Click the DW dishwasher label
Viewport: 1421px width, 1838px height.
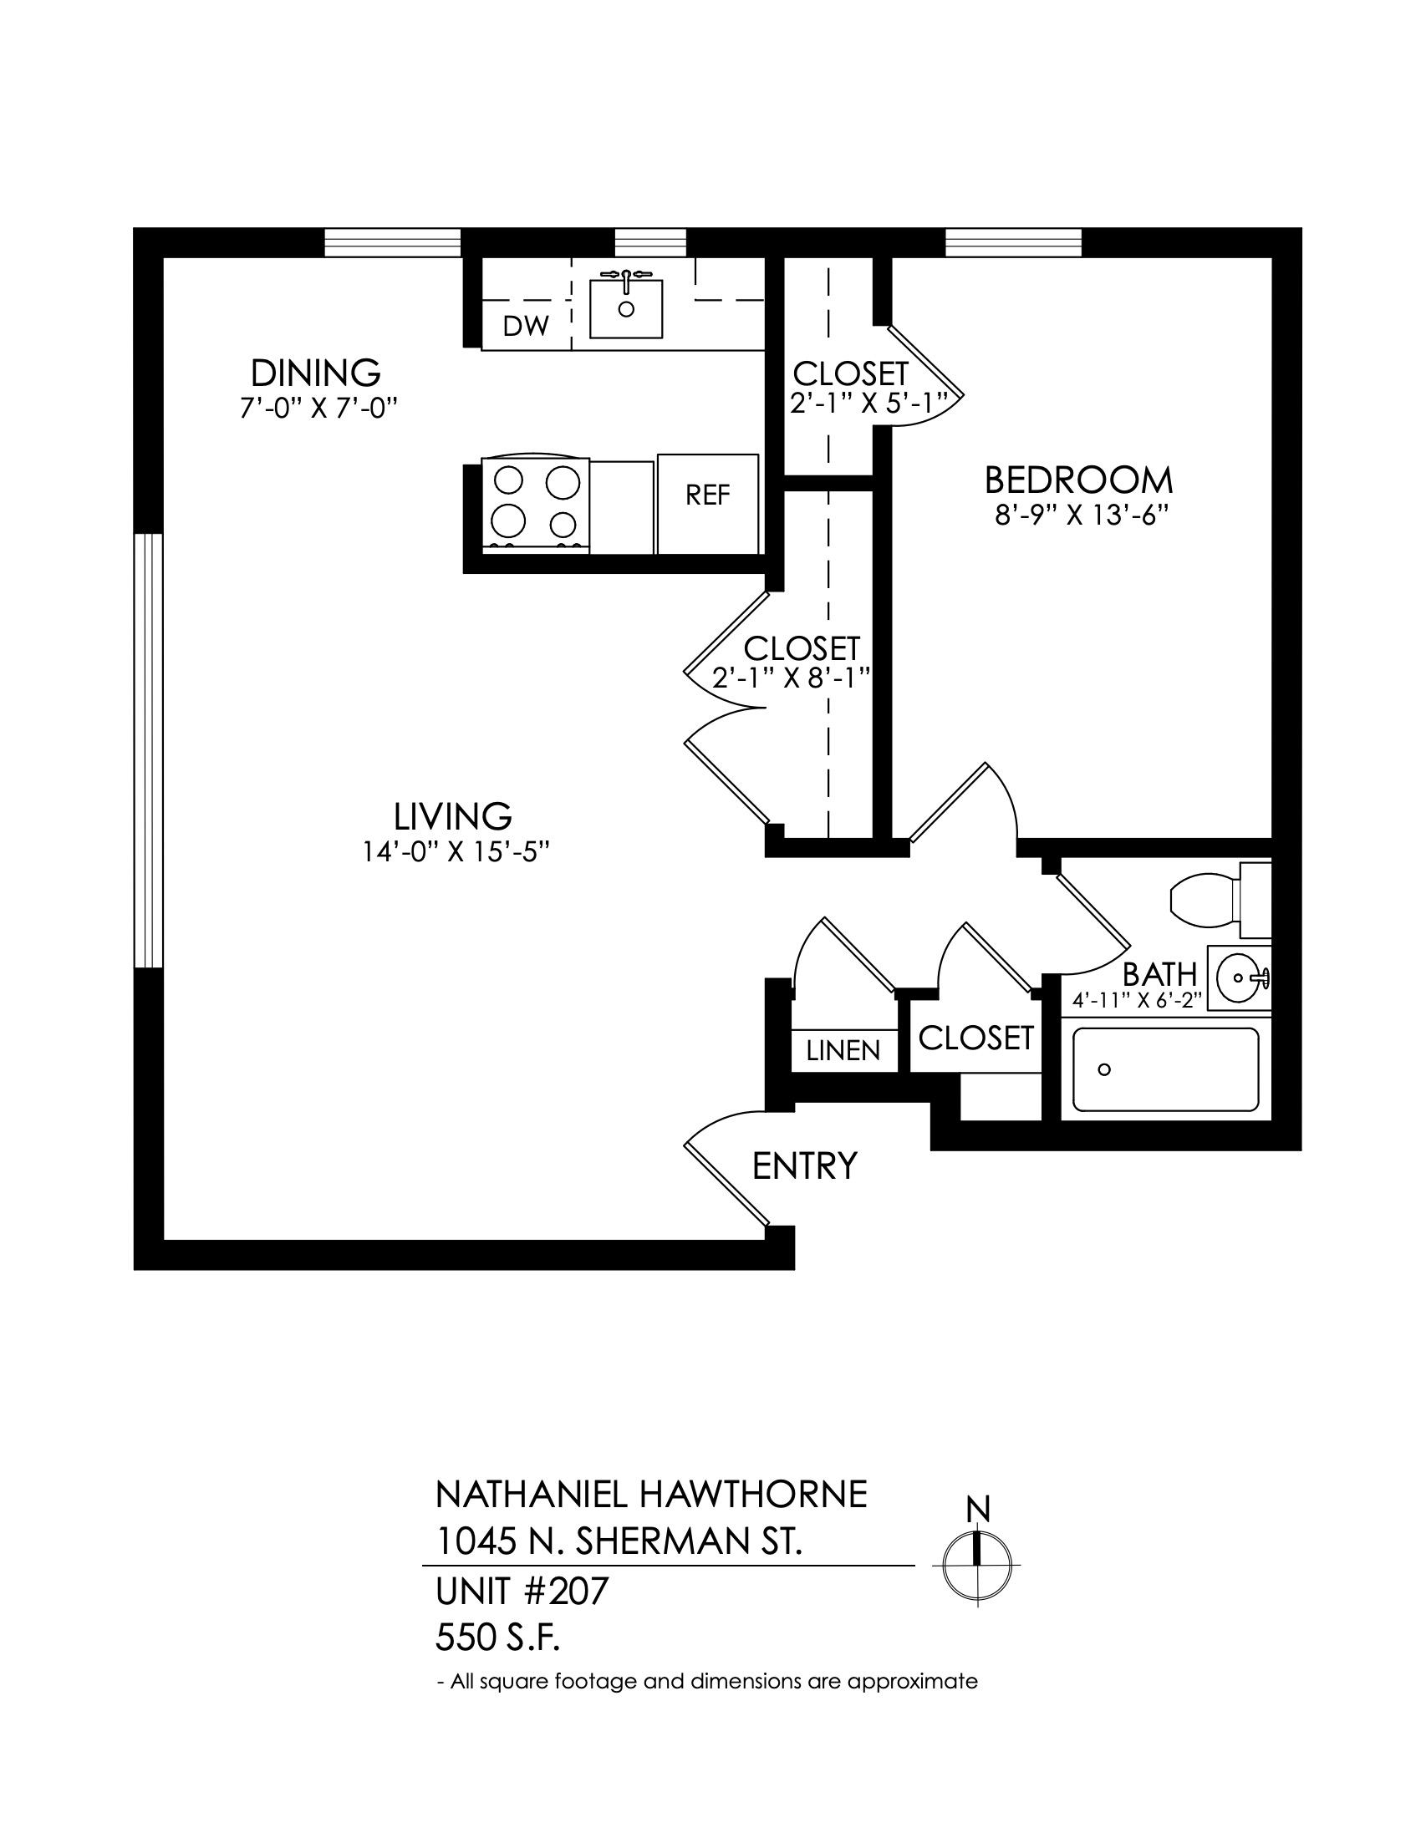pyautogui.click(x=526, y=326)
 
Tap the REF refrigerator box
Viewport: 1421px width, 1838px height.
pyautogui.click(x=708, y=504)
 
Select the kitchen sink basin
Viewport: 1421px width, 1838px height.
pyautogui.click(x=625, y=309)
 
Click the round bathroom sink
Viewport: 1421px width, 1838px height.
pyautogui.click(x=1239, y=977)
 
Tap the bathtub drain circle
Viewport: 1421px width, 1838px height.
pyautogui.click(x=1104, y=1069)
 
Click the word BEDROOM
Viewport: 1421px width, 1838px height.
pyautogui.click(x=1078, y=480)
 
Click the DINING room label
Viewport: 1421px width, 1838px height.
pyautogui.click(x=316, y=372)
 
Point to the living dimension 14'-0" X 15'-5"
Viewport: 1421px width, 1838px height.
pyautogui.click(x=456, y=851)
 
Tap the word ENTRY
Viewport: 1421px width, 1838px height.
pyautogui.click(x=805, y=1166)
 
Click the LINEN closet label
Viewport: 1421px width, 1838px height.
pyautogui.click(x=843, y=1050)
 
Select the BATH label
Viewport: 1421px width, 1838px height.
pyautogui.click(x=1159, y=974)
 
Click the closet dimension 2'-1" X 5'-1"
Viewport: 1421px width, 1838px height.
pyautogui.click(x=874, y=404)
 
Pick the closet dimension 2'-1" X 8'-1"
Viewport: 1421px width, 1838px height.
pyautogui.click(x=791, y=678)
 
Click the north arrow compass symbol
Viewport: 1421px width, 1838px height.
pyautogui.click(x=976, y=1565)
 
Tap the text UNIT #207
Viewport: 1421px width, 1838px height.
pyautogui.click(x=521, y=1592)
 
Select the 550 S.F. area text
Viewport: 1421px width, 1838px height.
pyautogui.click(x=497, y=1638)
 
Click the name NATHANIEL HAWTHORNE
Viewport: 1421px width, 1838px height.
pyautogui.click(x=650, y=1495)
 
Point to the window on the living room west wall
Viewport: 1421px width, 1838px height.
pyautogui.click(x=148, y=751)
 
